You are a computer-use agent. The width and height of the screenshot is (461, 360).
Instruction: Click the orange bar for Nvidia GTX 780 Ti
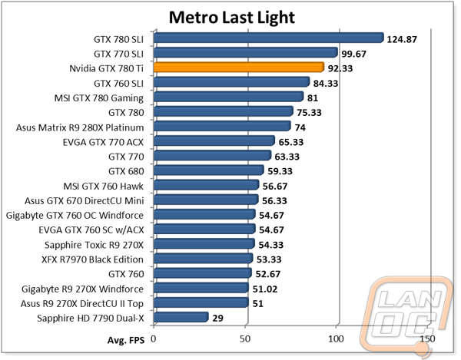coord(239,68)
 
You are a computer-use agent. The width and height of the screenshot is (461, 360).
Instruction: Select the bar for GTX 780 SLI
coord(269,38)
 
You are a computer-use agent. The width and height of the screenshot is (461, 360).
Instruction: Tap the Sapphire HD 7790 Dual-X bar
coord(181,317)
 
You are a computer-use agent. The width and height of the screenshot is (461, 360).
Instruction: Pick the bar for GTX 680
coord(209,170)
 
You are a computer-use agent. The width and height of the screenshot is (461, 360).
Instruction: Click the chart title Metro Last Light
coord(232,18)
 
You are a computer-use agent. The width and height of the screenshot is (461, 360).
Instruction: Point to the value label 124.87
coord(402,39)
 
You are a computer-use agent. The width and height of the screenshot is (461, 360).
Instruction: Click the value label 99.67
coord(353,54)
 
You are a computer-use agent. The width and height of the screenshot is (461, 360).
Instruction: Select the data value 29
coord(217,318)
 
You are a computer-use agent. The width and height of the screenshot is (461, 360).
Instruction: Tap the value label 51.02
coord(265,289)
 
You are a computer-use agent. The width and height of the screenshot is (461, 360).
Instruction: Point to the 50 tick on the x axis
coord(244,339)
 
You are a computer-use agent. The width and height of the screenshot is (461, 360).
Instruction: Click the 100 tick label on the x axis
coord(336,339)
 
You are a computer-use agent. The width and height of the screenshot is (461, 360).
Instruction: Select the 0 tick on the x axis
coord(153,339)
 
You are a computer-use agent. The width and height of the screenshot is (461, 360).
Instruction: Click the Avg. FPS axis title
coord(126,340)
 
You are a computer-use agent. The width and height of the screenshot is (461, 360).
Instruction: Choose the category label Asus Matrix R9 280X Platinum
coord(80,127)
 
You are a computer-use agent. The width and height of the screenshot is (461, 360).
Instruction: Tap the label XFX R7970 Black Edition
coord(93,259)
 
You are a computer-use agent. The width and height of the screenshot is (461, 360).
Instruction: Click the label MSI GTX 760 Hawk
coord(104,187)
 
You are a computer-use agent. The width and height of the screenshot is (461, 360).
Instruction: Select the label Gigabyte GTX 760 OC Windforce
coord(75,216)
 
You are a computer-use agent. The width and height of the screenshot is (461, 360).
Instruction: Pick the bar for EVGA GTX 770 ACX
coord(214,141)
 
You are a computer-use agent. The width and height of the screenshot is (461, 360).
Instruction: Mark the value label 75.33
coord(309,113)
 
